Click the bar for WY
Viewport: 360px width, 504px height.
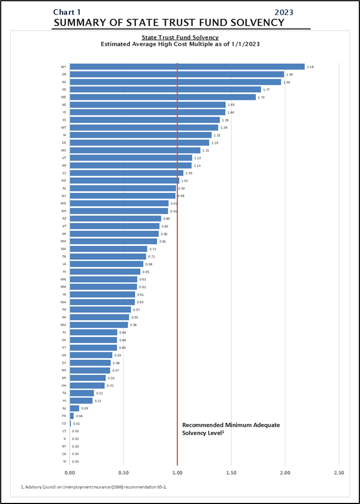[x=187, y=66]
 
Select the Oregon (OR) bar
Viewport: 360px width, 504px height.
[x=177, y=74]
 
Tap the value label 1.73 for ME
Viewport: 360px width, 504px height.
[x=261, y=97]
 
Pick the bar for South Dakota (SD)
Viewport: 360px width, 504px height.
[x=165, y=90]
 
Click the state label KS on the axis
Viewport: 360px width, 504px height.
[x=64, y=120]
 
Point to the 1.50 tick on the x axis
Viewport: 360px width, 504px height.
[x=231, y=472]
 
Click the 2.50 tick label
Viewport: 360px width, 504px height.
[x=338, y=472]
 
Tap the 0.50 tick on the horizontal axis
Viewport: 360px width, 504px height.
[x=123, y=472]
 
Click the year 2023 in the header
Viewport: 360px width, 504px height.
[x=284, y=12]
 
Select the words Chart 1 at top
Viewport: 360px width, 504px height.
[x=68, y=12]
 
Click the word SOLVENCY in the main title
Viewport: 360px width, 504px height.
[x=252, y=22]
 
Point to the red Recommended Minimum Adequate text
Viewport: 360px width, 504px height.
[x=231, y=425]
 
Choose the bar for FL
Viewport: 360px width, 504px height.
[x=94, y=332]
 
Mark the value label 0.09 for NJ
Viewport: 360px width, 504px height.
[x=84, y=408]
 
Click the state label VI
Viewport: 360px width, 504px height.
[x=64, y=462]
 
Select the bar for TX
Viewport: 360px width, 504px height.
[x=82, y=393]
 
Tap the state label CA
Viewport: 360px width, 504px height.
[x=64, y=454]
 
